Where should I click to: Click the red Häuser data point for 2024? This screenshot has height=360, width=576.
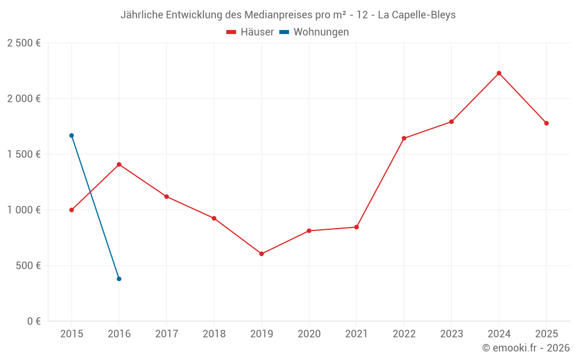pyautogui.click(x=499, y=73)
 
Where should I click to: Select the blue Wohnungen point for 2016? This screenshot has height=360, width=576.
pyautogui.click(x=119, y=279)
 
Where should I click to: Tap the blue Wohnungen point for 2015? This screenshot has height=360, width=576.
pyautogui.click(x=71, y=135)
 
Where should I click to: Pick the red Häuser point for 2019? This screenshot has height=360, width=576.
pyautogui.click(x=262, y=254)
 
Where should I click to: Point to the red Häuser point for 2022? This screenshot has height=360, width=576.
pyautogui.click(x=404, y=138)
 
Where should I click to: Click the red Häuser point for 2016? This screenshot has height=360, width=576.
pyautogui.click(x=119, y=165)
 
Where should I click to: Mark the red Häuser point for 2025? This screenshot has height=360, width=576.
pyautogui.click(x=546, y=123)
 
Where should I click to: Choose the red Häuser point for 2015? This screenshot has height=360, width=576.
pyautogui.click(x=71, y=210)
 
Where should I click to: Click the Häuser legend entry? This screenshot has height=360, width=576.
pyautogui.click(x=250, y=32)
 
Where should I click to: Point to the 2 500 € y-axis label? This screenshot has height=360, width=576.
pyautogui.click(x=24, y=43)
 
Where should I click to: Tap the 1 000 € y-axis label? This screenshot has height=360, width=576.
pyautogui.click(x=24, y=210)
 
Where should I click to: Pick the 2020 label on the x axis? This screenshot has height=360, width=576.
pyautogui.click(x=309, y=334)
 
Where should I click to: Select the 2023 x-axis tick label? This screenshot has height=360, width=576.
pyautogui.click(x=451, y=334)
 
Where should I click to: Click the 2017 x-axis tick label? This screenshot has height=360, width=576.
pyautogui.click(x=166, y=334)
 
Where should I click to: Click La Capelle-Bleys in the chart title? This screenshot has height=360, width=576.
pyautogui.click(x=416, y=15)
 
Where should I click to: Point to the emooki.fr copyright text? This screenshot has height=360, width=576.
pyautogui.click(x=526, y=348)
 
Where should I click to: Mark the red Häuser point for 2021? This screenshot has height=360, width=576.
pyautogui.click(x=357, y=227)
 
